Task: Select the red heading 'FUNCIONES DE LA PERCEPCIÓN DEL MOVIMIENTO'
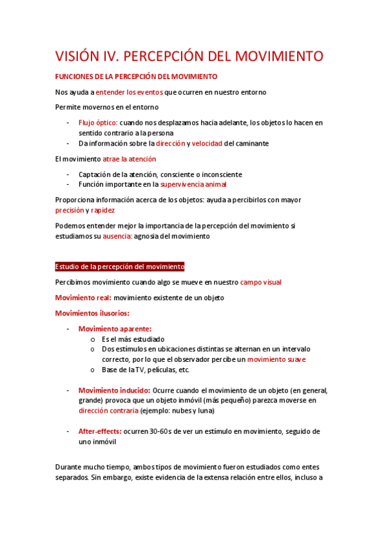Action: tap(136, 76)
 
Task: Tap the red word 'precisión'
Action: tap(70, 210)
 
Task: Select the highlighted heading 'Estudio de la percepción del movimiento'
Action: tap(120, 267)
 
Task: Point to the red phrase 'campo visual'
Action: tap(260, 282)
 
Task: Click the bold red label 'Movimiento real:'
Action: tap(83, 297)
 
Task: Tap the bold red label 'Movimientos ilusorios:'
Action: tap(92, 313)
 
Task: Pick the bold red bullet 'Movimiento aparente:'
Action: tap(115, 328)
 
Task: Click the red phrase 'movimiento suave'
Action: tap(276, 359)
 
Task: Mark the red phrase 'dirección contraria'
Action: tap(108, 410)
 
